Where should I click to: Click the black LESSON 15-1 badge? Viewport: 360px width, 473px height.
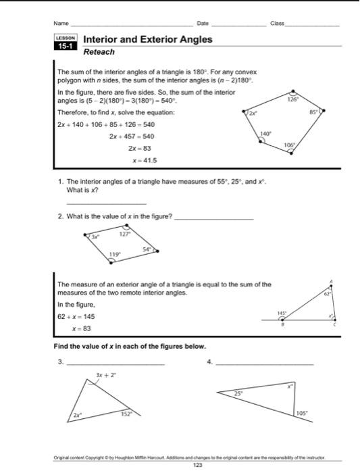[66, 44]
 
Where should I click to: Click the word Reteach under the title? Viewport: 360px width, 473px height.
[99, 52]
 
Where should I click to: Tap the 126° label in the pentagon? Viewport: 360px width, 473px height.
[292, 98]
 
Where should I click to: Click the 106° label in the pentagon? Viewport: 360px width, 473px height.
[289, 145]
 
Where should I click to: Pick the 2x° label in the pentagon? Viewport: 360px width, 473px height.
[253, 112]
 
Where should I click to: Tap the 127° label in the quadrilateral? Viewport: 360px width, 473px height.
[124, 234]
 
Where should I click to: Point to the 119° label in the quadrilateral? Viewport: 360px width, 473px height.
[114, 255]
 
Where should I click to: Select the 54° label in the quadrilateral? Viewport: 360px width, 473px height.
[146, 249]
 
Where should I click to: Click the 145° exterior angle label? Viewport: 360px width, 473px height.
[282, 313]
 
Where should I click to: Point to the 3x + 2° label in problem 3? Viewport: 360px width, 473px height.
[108, 374]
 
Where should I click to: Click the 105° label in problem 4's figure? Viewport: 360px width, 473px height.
[303, 412]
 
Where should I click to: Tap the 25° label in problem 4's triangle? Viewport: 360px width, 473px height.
[238, 393]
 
